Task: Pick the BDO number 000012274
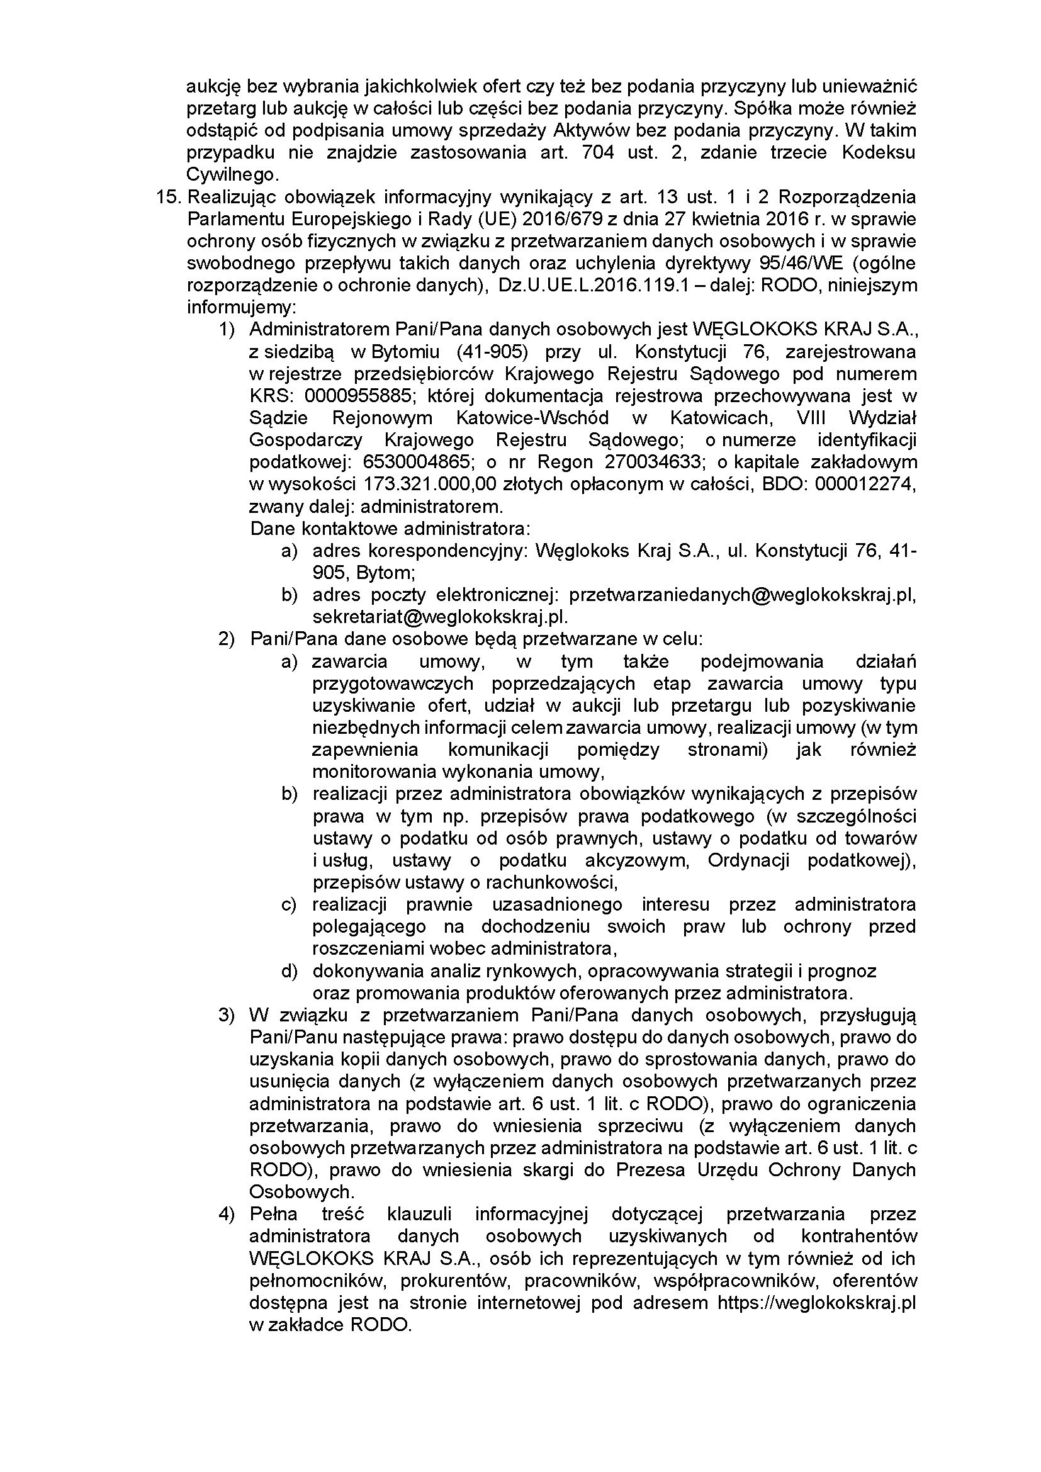pyautogui.click(x=865, y=484)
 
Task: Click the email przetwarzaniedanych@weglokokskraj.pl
pyautogui.click(x=742, y=595)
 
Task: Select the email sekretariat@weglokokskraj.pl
pyautogui.click(x=441, y=617)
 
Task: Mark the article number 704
pyautogui.click(x=600, y=152)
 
